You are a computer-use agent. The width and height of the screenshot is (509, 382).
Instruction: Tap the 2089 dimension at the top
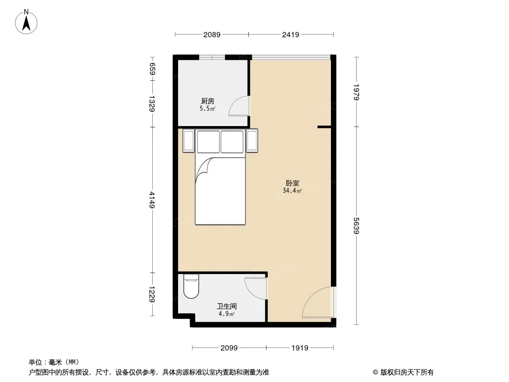(212, 34)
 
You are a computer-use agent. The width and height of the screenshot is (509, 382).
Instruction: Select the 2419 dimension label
(290, 34)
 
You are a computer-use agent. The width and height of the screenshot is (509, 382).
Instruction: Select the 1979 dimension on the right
(356, 92)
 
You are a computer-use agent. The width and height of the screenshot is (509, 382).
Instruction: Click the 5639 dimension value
(356, 225)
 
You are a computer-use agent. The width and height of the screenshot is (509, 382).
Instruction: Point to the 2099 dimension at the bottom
(229, 348)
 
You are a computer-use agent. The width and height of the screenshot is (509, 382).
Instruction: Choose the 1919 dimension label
(299, 348)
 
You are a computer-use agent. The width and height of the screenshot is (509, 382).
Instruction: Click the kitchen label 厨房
(207, 101)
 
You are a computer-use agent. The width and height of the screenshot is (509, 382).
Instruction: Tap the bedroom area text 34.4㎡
(292, 191)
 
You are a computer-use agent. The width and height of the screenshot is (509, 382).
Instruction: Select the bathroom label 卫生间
(227, 306)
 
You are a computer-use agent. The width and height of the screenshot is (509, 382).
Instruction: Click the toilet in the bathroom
(191, 286)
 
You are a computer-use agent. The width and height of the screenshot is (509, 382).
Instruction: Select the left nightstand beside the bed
(189, 140)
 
